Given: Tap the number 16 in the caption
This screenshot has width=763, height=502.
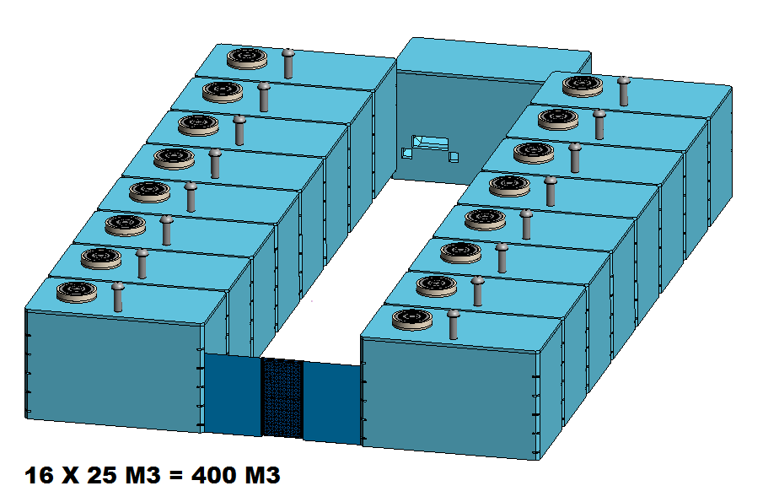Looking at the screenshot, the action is pyautogui.click(x=39, y=475).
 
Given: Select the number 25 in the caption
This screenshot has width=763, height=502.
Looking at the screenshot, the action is pyautogui.click(x=101, y=475).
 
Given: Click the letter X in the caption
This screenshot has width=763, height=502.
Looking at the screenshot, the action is pyautogui.click(x=70, y=475).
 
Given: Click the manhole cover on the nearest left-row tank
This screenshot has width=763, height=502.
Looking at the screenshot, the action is pyautogui.click(x=77, y=292).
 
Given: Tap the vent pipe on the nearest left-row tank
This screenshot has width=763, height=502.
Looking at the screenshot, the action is pyautogui.click(x=118, y=296).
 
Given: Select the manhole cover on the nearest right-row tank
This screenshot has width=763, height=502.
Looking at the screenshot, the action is pyautogui.click(x=412, y=320).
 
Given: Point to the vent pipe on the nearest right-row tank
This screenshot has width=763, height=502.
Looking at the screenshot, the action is pyautogui.click(x=454, y=324).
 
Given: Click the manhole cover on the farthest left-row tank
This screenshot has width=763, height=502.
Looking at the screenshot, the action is pyautogui.click(x=247, y=58).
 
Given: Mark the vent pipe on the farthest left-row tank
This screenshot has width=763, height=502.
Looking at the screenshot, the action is pyautogui.click(x=288, y=63).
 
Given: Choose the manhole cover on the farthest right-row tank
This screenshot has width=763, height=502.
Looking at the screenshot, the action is pyautogui.click(x=583, y=86).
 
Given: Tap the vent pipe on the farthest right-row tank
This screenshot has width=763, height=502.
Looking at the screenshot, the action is pyautogui.click(x=624, y=91).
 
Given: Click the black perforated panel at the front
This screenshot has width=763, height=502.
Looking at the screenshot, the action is pyautogui.click(x=282, y=398).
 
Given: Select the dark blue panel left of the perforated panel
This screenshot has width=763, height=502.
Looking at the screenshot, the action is pyautogui.click(x=233, y=394).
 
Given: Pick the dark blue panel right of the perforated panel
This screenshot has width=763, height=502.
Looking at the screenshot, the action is pyautogui.click(x=332, y=402).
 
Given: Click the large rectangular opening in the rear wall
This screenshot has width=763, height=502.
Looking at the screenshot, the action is pyautogui.click(x=431, y=143).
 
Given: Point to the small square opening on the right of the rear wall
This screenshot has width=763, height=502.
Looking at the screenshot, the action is pyautogui.click(x=454, y=157).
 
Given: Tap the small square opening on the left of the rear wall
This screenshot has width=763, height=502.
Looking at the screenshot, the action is pyautogui.click(x=407, y=153).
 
